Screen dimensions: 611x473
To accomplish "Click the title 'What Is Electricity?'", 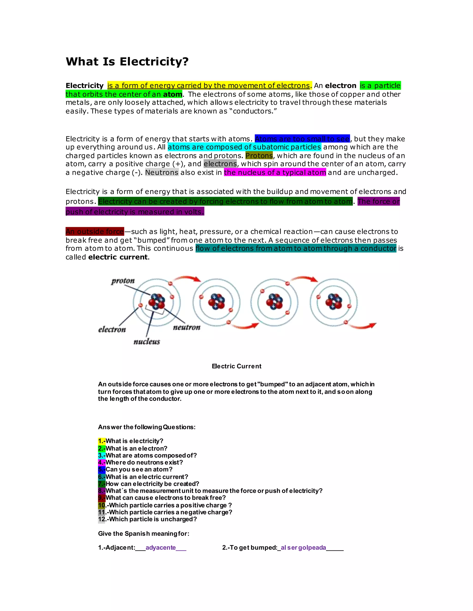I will pos(127,62).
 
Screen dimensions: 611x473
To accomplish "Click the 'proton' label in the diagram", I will pos(123,281).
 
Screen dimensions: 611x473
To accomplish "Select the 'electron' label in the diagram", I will pos(112,329).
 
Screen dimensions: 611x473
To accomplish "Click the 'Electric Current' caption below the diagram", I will pos(236,366).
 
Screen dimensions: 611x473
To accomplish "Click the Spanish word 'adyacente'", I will pos(161,548).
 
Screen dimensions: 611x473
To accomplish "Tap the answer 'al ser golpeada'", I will pos(303,548).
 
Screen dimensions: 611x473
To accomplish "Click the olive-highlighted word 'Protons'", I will pos(259,156).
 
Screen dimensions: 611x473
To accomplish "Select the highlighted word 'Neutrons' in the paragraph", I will pos(162,172).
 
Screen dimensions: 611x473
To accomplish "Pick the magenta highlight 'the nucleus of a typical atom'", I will pos(275,172).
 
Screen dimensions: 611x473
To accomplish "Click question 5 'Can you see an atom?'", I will pos(139,469).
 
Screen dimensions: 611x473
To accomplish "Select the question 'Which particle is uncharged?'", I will pos(153,519).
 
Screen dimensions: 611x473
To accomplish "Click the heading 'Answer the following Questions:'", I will pos(147,427).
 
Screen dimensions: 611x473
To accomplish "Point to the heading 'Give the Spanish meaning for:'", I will pos(143,534).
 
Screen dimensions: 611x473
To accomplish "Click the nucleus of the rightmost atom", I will pos(334,301).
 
